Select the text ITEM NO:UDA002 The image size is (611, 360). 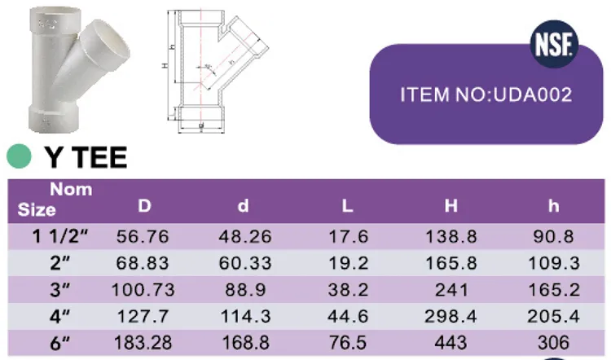pyautogui.click(x=486, y=94)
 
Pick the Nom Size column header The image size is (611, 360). pyautogui.click(x=56, y=200)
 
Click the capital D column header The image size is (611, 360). pyautogui.click(x=144, y=206)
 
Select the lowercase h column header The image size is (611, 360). pyautogui.click(x=553, y=206)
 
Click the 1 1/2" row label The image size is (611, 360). pyautogui.click(x=60, y=237)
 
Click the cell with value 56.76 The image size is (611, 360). pyautogui.click(x=143, y=237)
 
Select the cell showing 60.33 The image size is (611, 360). pyautogui.click(x=243, y=262)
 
